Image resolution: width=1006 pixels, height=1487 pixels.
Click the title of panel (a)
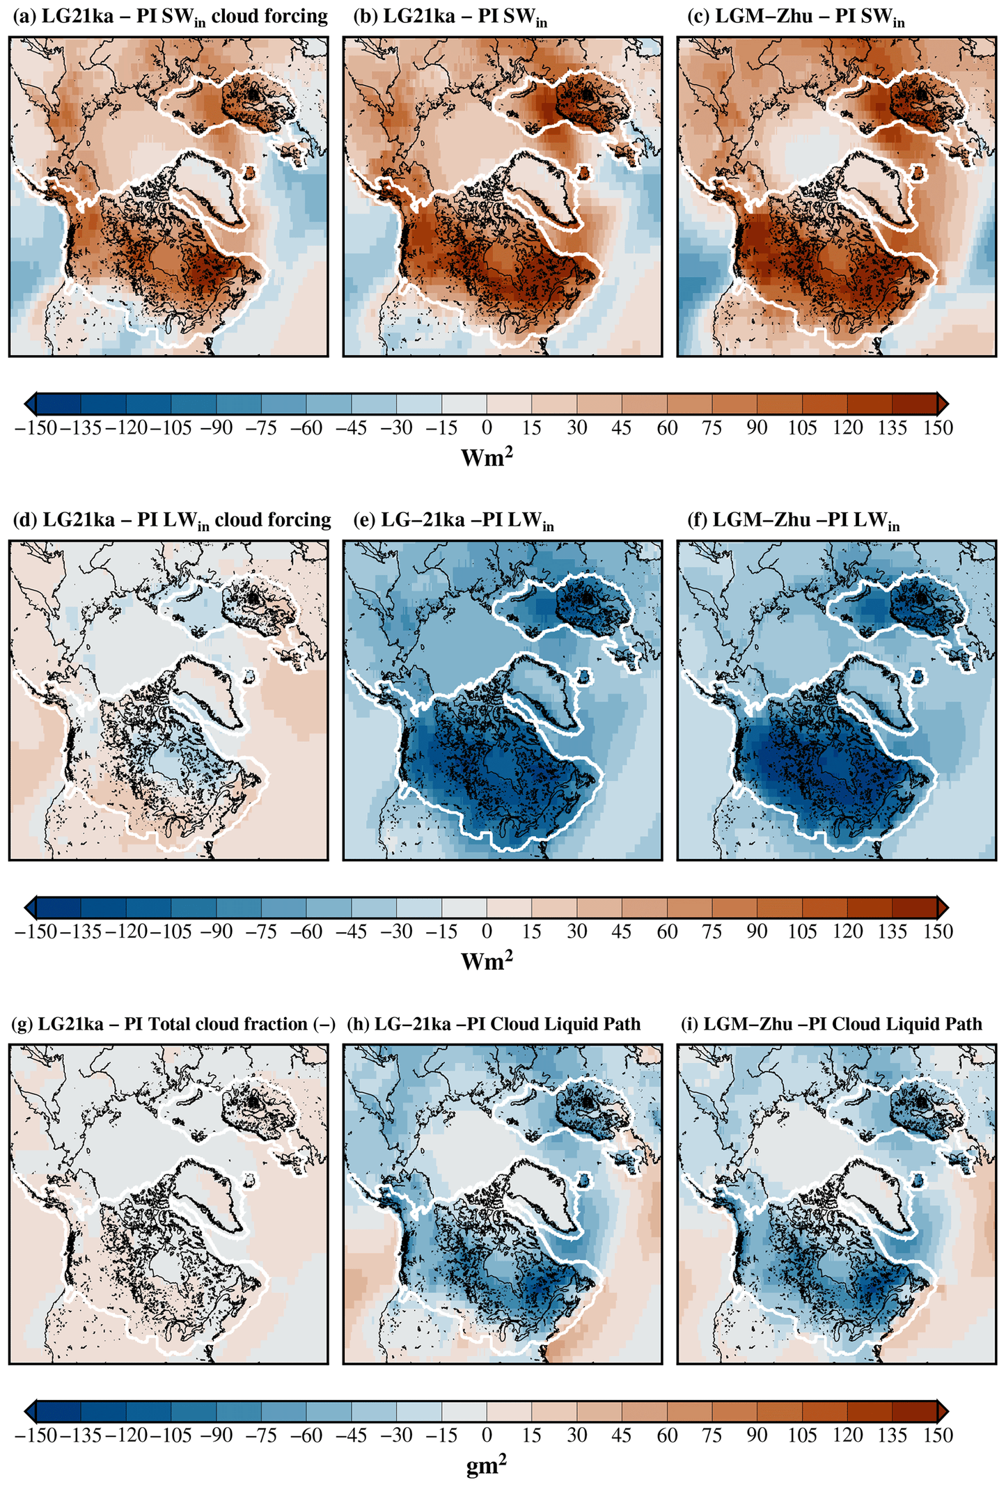pyautogui.click(x=170, y=17)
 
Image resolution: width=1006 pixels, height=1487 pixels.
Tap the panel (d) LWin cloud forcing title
pyautogui.click(x=172, y=521)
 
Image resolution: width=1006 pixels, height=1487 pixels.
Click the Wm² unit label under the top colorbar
pyautogui.click(x=487, y=457)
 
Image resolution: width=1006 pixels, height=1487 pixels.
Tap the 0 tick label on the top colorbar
pyautogui.click(x=487, y=427)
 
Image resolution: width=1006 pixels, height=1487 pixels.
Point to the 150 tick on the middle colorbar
pyautogui.click(x=938, y=931)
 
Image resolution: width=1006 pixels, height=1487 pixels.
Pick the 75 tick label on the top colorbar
pyautogui.click(x=712, y=427)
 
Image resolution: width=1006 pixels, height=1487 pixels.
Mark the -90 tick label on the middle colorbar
pyautogui.click(x=217, y=931)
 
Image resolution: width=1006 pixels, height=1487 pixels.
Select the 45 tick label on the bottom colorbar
pyautogui.click(x=622, y=1435)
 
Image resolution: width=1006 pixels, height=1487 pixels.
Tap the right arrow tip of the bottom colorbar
pyautogui.click(x=947, y=1411)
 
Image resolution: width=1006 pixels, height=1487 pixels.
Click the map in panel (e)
pyautogui.click(x=502, y=700)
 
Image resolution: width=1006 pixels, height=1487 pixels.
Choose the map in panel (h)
pyautogui.click(x=502, y=1204)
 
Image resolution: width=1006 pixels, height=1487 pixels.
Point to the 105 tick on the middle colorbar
pyautogui.click(x=802, y=931)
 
